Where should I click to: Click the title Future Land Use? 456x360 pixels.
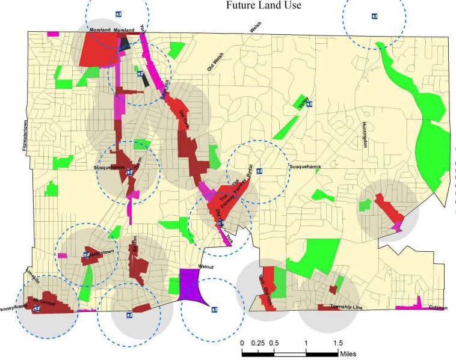pyautogui.click(x=263, y=6)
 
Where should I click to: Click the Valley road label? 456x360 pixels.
pyautogui.click(x=302, y=103)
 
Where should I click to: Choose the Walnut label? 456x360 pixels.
pyautogui.click(x=205, y=266)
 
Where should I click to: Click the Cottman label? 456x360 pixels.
pyautogui.click(x=439, y=307)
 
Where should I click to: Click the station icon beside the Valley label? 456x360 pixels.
pyautogui.click(x=309, y=104)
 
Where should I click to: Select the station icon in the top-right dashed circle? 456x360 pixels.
pyautogui.click(x=374, y=16)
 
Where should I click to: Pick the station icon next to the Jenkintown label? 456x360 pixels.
pyautogui.click(x=87, y=254)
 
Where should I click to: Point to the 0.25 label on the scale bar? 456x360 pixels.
pyautogui.click(x=257, y=343)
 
